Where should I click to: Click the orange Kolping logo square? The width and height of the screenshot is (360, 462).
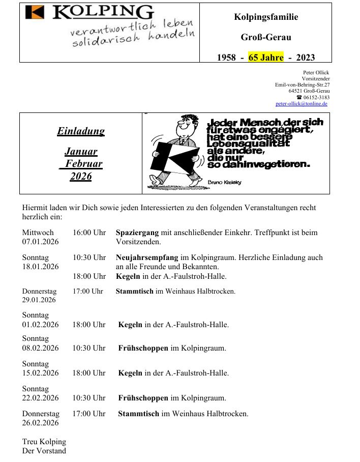point(35,12)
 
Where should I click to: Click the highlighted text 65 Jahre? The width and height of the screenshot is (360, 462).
point(265,57)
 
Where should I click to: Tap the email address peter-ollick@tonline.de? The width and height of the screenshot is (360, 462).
point(301,103)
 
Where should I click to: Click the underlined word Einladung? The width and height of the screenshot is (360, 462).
point(81,131)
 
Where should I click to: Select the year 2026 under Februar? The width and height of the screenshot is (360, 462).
point(81,177)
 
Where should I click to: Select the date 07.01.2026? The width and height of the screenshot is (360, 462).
point(40,242)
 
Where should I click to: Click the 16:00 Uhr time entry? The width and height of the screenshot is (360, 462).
point(89,233)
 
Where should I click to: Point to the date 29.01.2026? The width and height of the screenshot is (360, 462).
point(39,300)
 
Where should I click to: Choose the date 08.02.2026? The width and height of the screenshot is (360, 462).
point(40,348)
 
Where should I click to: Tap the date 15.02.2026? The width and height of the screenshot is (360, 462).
point(40,373)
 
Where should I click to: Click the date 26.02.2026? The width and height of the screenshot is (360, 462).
point(40,423)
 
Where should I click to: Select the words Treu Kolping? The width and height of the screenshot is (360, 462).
point(44,442)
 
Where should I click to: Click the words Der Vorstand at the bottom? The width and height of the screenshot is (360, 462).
point(44,451)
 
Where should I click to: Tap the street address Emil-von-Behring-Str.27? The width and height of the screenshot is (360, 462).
point(302,84)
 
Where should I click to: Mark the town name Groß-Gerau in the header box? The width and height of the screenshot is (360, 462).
point(266,37)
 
